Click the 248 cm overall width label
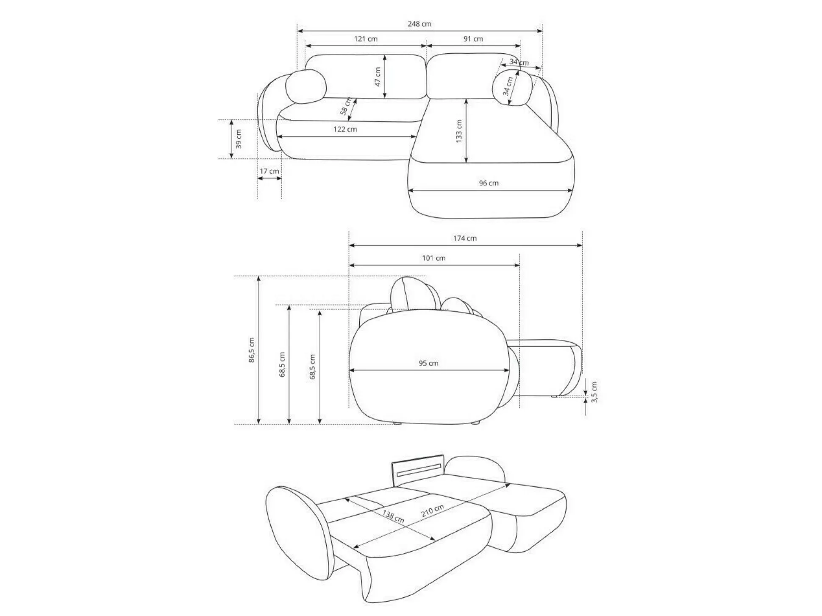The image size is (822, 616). coord(419,24)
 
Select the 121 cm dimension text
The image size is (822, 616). coord(366,39)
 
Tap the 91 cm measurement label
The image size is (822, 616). coord(473,39)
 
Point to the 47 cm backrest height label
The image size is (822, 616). coord(378,77)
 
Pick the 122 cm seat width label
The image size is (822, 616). coord(345,129)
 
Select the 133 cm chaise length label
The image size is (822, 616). coord(459,131)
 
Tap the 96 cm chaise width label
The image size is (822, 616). coord(489,183)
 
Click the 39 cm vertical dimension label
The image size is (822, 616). coord(239,139)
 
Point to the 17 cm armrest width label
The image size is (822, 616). coord(269,171)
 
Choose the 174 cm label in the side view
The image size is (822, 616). coord(465,239)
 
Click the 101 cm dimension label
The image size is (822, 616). coord(433,258)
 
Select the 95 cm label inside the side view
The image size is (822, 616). coord(428,363)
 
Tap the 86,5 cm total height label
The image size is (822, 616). coord(252,350)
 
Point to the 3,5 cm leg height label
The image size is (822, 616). coord(594,392)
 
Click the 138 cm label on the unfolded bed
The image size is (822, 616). coord(393,516)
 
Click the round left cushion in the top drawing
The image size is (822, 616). coord(305,87)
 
